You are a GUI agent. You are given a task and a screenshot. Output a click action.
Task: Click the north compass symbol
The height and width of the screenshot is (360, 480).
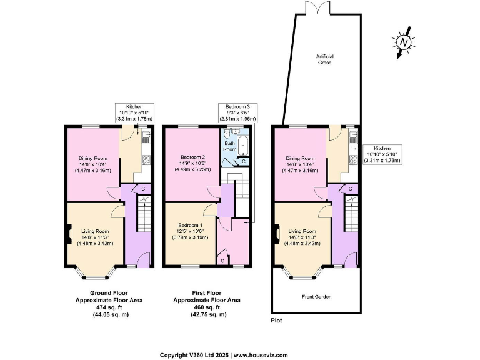tap(404, 42)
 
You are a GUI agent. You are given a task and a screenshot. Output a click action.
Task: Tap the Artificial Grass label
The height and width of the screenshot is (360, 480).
tap(323, 60)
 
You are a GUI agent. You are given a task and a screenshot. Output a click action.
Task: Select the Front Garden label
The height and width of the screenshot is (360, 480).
tap(316, 296)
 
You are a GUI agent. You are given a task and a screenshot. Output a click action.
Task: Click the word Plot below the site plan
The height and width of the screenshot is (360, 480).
tap(276, 320)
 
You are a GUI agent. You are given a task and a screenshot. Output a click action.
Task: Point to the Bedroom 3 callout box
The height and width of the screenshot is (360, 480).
tap(237, 113)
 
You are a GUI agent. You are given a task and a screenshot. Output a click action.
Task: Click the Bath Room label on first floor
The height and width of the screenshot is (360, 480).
tap(230, 146)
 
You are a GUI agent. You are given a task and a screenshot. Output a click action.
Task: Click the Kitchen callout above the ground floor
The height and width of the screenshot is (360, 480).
tap(135, 113)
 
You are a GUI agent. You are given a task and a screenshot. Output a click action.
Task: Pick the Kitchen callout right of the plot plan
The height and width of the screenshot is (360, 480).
tap(381, 154)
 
